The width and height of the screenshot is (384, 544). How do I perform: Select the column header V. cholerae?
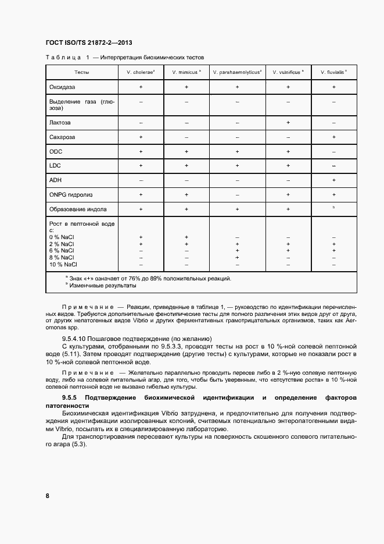tap(141, 72)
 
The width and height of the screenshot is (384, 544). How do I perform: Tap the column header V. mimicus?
tap(186, 72)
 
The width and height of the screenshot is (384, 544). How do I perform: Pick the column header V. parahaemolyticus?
tap(237, 72)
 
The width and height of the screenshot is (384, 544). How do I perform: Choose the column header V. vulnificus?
tap(288, 72)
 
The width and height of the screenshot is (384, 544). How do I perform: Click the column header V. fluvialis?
tap(333, 72)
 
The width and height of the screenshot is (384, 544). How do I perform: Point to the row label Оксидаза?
tap(63, 87)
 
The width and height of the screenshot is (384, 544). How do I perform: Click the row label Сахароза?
tap(63, 137)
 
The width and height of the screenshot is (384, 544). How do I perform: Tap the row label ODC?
tap(56, 151)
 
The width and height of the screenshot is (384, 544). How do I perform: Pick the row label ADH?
tap(56, 180)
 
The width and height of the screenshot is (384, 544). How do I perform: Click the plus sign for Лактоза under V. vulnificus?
tap(288, 123)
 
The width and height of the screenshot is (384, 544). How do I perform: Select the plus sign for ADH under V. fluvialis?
tap(333, 180)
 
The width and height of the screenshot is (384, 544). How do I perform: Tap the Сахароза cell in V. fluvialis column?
tap(333, 137)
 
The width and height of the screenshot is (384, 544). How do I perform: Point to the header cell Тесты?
tap(81, 72)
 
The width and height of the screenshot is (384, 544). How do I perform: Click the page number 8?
tap(47, 495)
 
